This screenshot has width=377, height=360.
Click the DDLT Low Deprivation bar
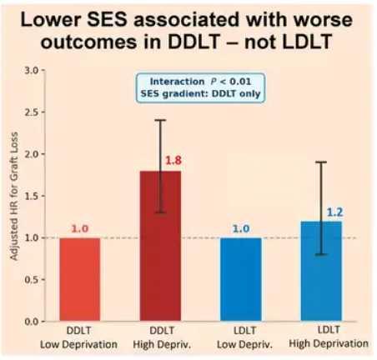click(80, 279)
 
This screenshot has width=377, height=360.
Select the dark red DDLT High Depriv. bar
click(160, 246)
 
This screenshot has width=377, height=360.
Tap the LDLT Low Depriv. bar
click(241, 279)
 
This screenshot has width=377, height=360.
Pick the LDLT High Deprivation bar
click(321, 271)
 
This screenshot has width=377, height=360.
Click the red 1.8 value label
click(173, 160)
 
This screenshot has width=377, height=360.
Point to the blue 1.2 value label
click(334, 212)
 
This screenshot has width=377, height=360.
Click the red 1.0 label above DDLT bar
click(80, 228)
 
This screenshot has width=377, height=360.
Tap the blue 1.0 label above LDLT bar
click(241, 228)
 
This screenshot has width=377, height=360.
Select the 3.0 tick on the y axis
click(32, 71)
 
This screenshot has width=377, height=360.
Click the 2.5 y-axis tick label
click(32, 112)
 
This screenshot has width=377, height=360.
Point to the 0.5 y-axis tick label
click(32, 280)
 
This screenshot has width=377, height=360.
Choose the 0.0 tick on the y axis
click(32, 322)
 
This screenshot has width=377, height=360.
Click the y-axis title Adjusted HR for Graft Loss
click(14, 196)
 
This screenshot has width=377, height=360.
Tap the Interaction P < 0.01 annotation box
click(200, 87)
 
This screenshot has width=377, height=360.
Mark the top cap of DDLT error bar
click(160, 120)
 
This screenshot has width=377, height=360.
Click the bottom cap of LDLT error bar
click(321, 254)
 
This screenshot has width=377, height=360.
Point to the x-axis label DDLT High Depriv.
click(162, 337)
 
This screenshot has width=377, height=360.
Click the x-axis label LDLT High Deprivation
click(329, 337)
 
